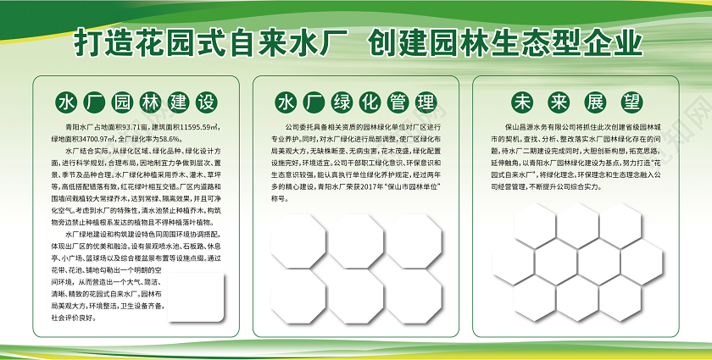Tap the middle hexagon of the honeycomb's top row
[x=579, y=222]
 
